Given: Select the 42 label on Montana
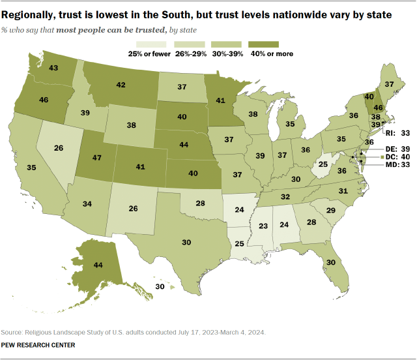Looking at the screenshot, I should (120, 85).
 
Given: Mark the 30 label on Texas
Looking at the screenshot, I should (186, 241).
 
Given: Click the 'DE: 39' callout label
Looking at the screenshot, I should (390, 149).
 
